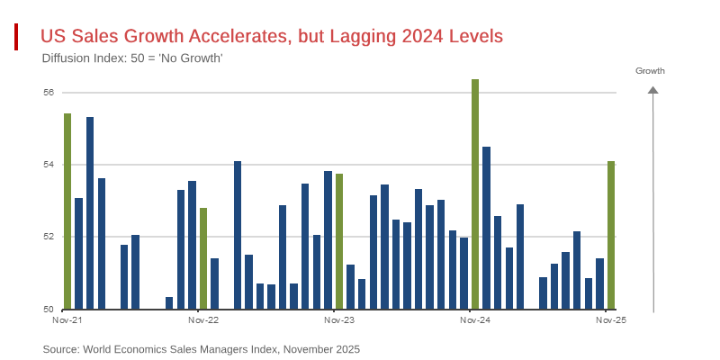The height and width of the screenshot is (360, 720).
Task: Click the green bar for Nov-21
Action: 67,211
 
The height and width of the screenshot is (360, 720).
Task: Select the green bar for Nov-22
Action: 203,258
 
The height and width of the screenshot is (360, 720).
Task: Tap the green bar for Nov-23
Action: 339,241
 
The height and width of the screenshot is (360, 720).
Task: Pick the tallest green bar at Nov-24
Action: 475,194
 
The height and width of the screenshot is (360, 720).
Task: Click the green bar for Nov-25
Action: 611,235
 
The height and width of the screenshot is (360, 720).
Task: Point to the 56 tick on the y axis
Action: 49,93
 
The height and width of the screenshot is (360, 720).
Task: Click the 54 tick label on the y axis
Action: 49,165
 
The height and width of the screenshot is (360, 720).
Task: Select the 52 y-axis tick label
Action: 49,237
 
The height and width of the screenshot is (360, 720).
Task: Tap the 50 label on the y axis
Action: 49,310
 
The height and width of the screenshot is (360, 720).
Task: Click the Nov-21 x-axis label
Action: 67,320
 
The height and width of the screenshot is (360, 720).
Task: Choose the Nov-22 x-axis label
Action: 203,320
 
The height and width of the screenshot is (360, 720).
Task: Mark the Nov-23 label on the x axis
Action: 339,320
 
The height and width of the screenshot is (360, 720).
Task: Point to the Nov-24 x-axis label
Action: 475,320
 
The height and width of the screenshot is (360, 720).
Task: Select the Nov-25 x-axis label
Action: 611,320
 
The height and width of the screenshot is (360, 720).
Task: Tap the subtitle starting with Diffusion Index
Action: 132,58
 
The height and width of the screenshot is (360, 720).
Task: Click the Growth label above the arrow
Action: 650,70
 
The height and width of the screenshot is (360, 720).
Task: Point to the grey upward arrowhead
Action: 653,89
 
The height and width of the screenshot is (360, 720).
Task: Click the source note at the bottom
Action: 201,349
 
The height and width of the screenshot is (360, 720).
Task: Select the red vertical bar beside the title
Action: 16,37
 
